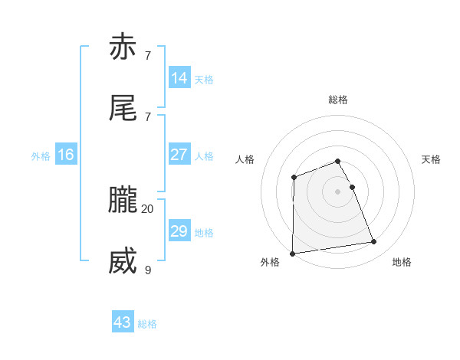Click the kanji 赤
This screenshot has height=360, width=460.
click(x=123, y=47)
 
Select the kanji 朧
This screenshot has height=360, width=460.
click(x=123, y=201)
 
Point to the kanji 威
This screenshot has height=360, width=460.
click(x=123, y=262)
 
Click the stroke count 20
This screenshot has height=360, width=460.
click(x=147, y=208)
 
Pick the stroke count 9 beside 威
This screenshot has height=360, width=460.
click(x=147, y=270)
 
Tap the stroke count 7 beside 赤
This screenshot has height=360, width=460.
click(x=147, y=55)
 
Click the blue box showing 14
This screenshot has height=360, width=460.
click(x=179, y=77)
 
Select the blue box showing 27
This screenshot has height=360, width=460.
click(x=179, y=154)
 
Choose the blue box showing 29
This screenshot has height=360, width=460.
click(x=179, y=231)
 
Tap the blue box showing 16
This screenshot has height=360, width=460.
click(x=66, y=155)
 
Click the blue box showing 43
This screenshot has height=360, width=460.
click(x=123, y=322)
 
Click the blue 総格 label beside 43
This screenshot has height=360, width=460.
click(x=147, y=324)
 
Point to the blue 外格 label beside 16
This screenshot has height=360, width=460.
click(x=41, y=156)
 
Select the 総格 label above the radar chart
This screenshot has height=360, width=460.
click(x=338, y=100)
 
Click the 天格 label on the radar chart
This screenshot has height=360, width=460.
click(x=432, y=159)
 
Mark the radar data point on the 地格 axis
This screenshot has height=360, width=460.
click(x=374, y=242)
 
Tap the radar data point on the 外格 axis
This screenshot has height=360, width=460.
click(x=292, y=254)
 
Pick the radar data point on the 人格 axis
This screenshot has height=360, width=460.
click(x=294, y=178)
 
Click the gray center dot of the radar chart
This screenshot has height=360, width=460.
click(x=338, y=191)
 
